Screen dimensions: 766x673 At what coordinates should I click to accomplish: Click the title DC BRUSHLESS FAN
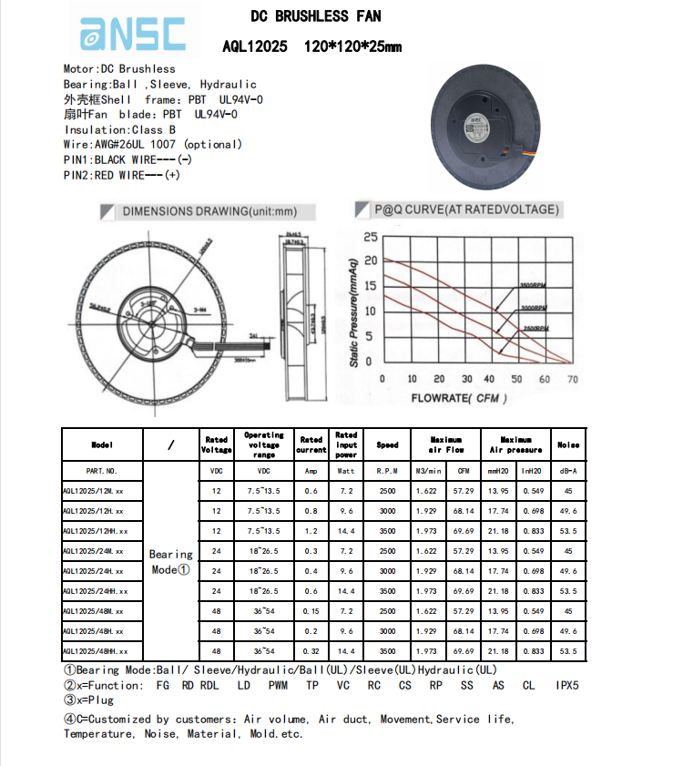[x=316, y=15]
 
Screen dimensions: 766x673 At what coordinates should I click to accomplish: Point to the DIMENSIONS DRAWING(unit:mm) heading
[x=209, y=211]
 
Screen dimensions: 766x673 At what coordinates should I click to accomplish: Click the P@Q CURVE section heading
[x=466, y=209]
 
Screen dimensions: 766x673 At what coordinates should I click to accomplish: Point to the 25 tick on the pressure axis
[x=370, y=238]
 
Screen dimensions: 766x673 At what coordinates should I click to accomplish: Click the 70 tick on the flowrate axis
[x=572, y=379]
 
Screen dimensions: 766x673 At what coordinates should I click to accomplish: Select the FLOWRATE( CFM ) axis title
[x=458, y=398]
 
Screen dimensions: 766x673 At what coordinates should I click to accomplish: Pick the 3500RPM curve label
[x=533, y=286]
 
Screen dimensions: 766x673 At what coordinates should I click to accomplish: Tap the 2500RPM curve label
[x=535, y=328]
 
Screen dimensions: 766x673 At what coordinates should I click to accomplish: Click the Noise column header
[x=568, y=444]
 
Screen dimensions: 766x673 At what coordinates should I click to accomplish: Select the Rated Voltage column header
[x=216, y=444]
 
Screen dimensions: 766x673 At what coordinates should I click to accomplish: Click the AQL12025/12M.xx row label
[x=92, y=491]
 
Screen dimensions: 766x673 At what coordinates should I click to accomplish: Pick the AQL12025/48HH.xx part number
[x=95, y=651]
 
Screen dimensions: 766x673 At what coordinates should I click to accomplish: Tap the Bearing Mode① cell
[x=171, y=561]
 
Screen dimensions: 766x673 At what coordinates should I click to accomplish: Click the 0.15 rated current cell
[x=311, y=611]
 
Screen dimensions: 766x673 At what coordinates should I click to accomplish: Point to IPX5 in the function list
[x=567, y=685]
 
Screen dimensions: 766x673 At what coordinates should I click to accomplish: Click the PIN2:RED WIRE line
[x=121, y=176]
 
